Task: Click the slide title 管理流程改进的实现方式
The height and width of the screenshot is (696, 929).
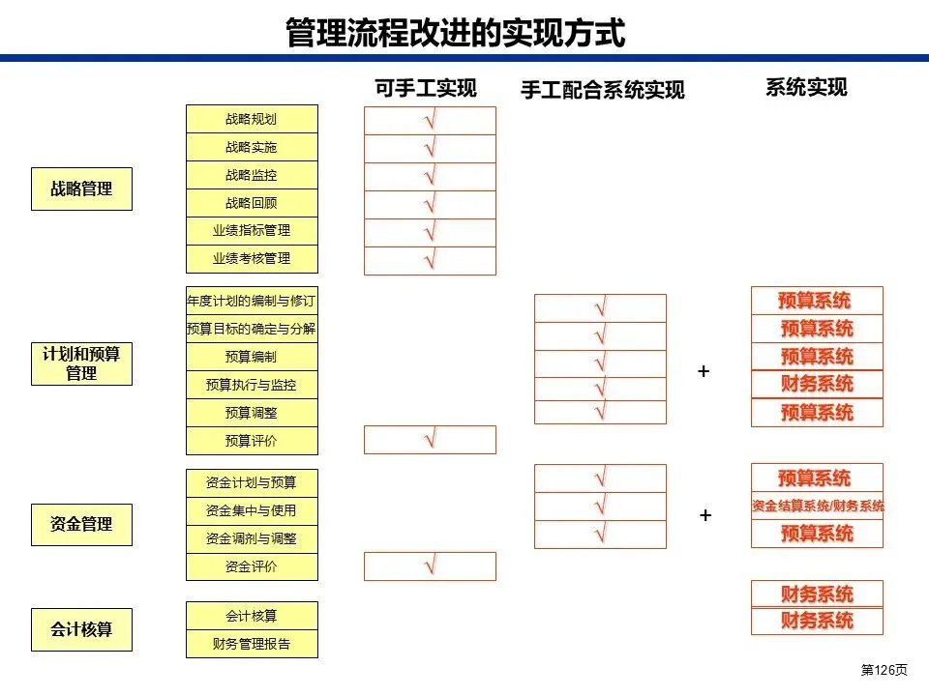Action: tap(455, 32)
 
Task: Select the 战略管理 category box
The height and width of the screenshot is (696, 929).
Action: tap(81, 189)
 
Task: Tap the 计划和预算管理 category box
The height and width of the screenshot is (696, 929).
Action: tap(81, 363)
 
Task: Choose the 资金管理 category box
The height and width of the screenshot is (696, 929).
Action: tap(81, 524)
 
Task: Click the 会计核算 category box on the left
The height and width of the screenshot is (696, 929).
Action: tap(81, 629)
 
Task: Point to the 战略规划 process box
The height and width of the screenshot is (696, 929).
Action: tap(252, 119)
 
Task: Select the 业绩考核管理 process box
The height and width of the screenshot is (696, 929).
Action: tap(252, 258)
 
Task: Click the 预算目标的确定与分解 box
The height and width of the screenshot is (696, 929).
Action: tap(252, 329)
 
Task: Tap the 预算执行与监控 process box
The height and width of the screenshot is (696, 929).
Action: tap(252, 385)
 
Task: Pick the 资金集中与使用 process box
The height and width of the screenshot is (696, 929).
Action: tap(252, 510)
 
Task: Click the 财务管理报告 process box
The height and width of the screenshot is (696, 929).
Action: tap(252, 643)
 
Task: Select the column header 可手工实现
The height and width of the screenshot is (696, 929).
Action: tap(426, 89)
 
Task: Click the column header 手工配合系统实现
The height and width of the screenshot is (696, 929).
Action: tap(602, 90)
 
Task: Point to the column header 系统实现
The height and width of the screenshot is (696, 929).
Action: tap(806, 87)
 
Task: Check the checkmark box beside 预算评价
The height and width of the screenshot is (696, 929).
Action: tap(430, 440)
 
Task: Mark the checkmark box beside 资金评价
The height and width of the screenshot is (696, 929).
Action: tap(430, 566)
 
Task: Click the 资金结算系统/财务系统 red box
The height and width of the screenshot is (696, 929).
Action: tap(818, 506)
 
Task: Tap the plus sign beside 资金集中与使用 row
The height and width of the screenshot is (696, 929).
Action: tap(705, 515)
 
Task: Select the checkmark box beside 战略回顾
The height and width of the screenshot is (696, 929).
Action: tap(430, 204)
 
